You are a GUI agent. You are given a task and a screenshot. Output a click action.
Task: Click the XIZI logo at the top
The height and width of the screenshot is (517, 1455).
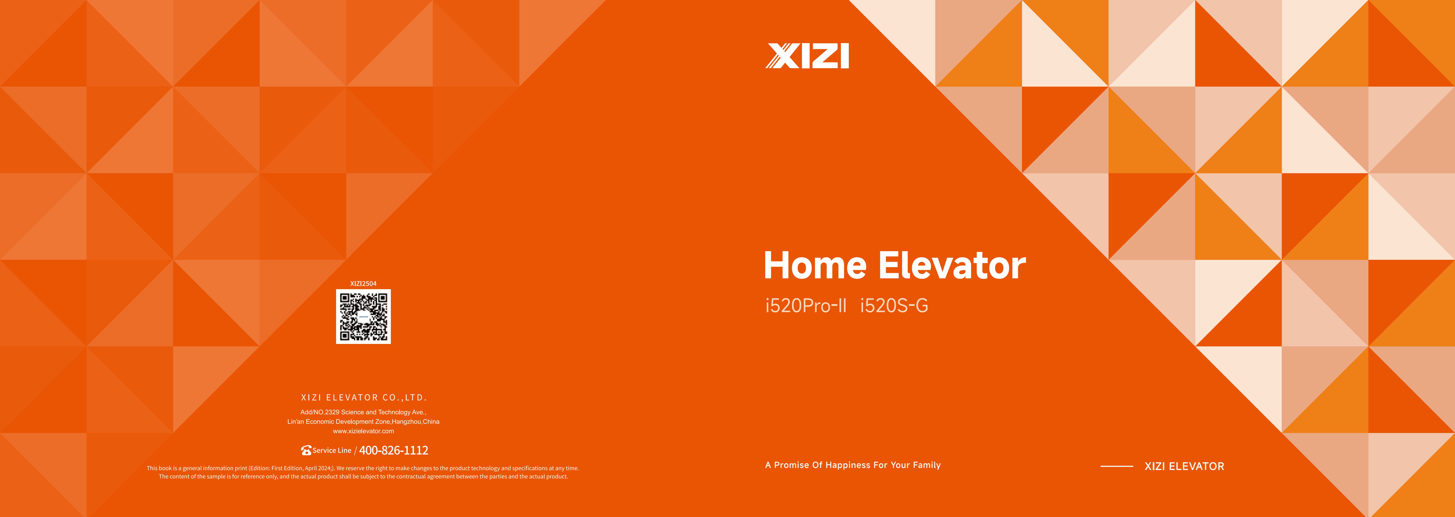tap(807, 56)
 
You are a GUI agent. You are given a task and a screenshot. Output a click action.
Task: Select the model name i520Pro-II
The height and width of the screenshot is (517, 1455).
tap(806, 305)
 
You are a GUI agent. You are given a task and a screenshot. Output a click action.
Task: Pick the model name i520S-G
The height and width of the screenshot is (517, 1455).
tap(894, 305)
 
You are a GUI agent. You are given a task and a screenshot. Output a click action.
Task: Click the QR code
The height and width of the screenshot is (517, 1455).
tap(363, 317)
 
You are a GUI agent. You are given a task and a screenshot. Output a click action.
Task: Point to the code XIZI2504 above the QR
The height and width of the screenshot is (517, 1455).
tap(363, 283)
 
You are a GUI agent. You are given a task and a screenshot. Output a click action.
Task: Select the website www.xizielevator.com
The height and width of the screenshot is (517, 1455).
tap(363, 431)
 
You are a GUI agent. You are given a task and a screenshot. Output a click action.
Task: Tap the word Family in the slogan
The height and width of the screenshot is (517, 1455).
tap(927, 465)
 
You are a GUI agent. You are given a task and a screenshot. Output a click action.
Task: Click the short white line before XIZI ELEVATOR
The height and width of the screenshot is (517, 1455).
tap(1117, 466)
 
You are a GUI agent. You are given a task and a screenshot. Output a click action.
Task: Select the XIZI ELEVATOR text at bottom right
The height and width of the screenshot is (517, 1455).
tap(1184, 466)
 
